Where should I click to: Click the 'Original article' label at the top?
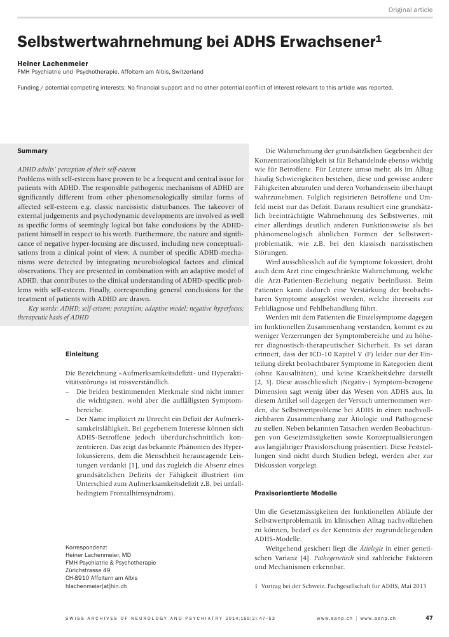point(410,10)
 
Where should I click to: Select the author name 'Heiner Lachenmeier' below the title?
point(53,64)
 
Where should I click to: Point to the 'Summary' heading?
point(32,151)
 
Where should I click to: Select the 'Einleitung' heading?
point(82,354)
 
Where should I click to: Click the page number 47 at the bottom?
point(429,617)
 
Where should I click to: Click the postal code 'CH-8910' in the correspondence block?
point(79,578)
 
